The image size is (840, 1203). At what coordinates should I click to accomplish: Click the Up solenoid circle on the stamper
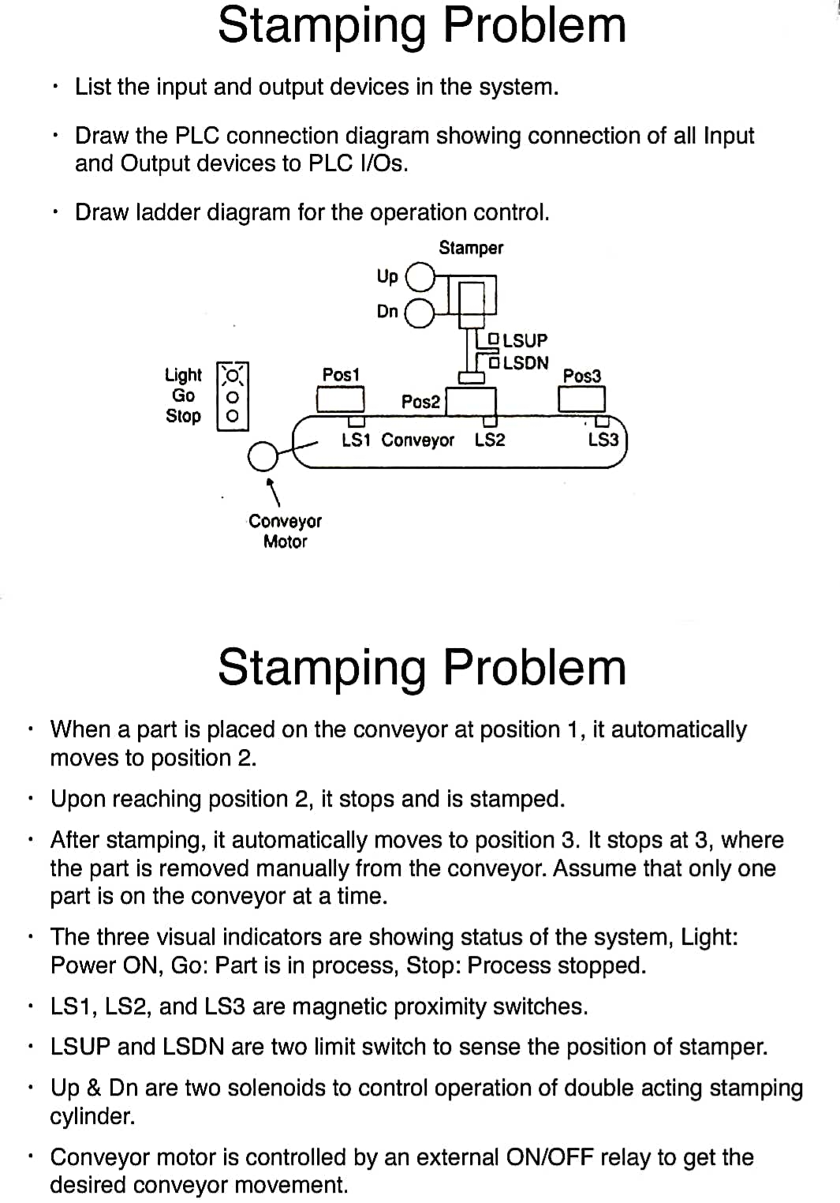[x=420, y=277]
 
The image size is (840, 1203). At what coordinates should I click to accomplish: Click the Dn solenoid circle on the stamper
[x=419, y=313]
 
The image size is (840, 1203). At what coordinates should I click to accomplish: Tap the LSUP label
[x=525, y=340]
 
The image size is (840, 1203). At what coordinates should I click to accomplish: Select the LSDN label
[x=525, y=363]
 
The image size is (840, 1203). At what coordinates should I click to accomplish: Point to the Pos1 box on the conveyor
[x=340, y=399]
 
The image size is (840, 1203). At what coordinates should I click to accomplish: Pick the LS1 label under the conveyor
[x=356, y=440]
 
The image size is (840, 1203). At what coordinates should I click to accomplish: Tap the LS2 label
[x=490, y=440]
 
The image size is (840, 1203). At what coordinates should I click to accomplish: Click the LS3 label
[x=603, y=440]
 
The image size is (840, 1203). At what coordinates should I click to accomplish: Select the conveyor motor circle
[x=263, y=456]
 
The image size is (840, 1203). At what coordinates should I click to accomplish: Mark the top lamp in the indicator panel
[x=232, y=375]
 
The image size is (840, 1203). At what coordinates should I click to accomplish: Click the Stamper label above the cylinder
[x=471, y=248]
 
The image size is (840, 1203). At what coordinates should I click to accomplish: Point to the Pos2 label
[x=420, y=402]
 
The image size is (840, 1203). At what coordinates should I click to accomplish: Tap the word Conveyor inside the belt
[x=417, y=440]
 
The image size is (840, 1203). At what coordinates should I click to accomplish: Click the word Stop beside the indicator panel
[x=183, y=416]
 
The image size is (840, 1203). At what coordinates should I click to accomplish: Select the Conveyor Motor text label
[x=285, y=531]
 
